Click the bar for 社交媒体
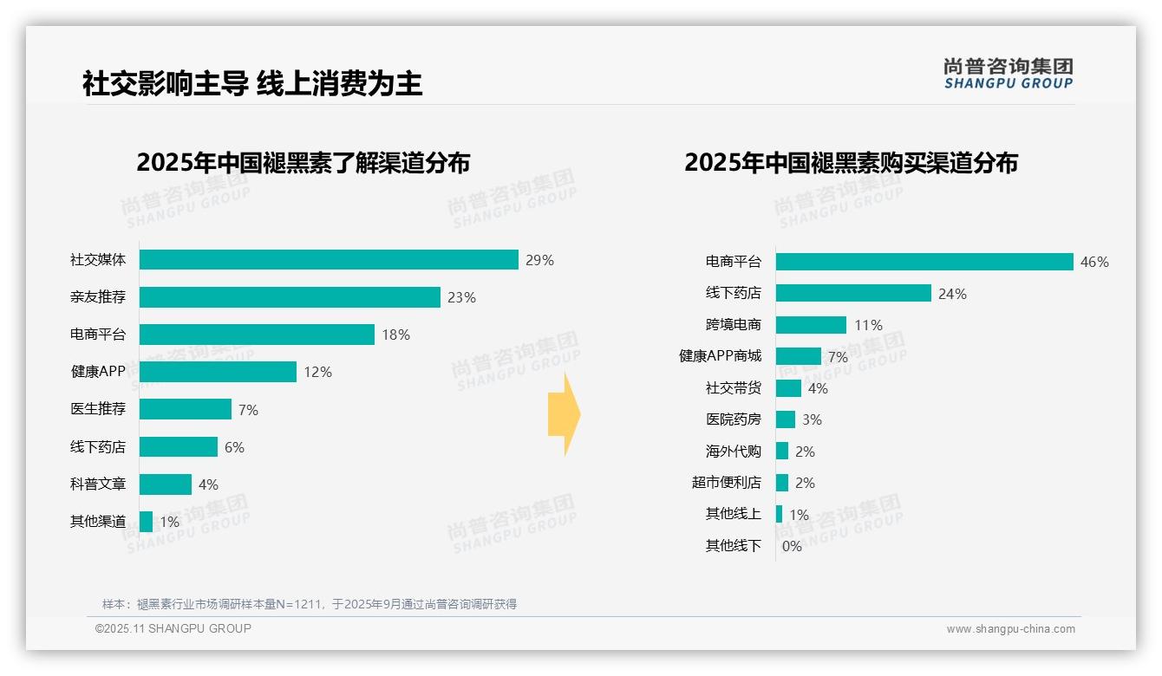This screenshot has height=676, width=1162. click(329, 260)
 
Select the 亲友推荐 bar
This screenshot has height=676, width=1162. click(290, 297)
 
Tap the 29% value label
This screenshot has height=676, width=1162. click(539, 260)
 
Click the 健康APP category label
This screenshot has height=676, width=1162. click(98, 372)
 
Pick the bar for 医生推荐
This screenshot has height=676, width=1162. click(186, 409)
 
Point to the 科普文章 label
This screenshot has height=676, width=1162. click(98, 484)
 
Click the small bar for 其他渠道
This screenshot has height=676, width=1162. click(146, 522)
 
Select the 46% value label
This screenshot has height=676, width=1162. click(1094, 262)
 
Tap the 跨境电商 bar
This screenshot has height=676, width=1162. click(811, 325)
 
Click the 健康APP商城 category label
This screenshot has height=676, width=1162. click(720, 356)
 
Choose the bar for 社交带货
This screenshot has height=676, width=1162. click(788, 388)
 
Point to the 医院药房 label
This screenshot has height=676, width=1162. click(733, 419)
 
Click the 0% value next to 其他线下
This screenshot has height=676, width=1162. click(792, 546)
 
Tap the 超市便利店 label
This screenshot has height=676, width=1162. click(726, 483)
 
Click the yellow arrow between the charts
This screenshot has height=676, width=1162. click(564, 414)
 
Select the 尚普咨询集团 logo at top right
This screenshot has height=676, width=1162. click(1008, 74)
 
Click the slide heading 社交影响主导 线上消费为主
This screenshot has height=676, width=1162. click(252, 84)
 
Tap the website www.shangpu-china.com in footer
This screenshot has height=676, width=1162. click(1010, 629)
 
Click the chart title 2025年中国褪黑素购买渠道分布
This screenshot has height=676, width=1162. click(851, 163)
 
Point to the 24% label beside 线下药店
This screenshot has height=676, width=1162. click(952, 294)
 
